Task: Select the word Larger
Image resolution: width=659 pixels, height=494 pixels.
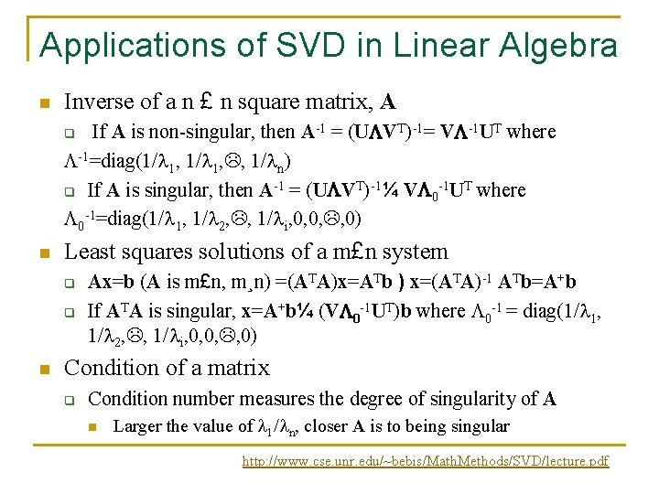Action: tap(137, 426)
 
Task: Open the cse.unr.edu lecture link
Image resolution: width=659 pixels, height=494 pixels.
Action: tap(425, 462)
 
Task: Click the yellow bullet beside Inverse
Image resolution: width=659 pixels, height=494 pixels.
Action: tap(44, 102)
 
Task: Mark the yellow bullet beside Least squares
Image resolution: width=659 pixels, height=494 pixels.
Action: tap(44, 252)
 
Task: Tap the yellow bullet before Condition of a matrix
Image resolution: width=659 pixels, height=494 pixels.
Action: tap(44, 369)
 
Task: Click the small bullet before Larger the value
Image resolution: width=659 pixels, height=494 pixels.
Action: tap(92, 425)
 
